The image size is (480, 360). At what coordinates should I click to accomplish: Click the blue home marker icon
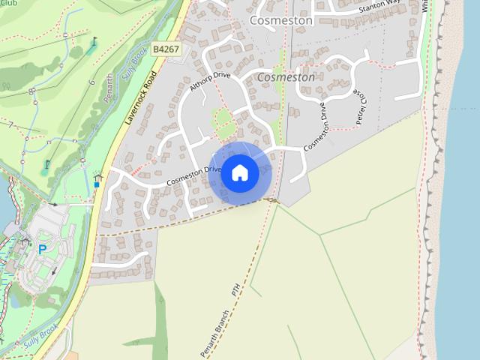click(x=239, y=173)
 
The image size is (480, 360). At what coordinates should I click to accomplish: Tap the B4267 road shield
click(x=165, y=49)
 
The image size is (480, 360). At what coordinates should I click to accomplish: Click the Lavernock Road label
click(x=139, y=98)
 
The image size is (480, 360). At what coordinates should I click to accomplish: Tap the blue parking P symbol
click(x=42, y=250)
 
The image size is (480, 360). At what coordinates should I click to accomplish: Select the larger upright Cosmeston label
click(x=280, y=21)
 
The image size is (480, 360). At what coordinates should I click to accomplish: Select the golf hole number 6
click(x=91, y=82)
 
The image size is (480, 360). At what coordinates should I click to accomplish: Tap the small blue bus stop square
click(x=97, y=184)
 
